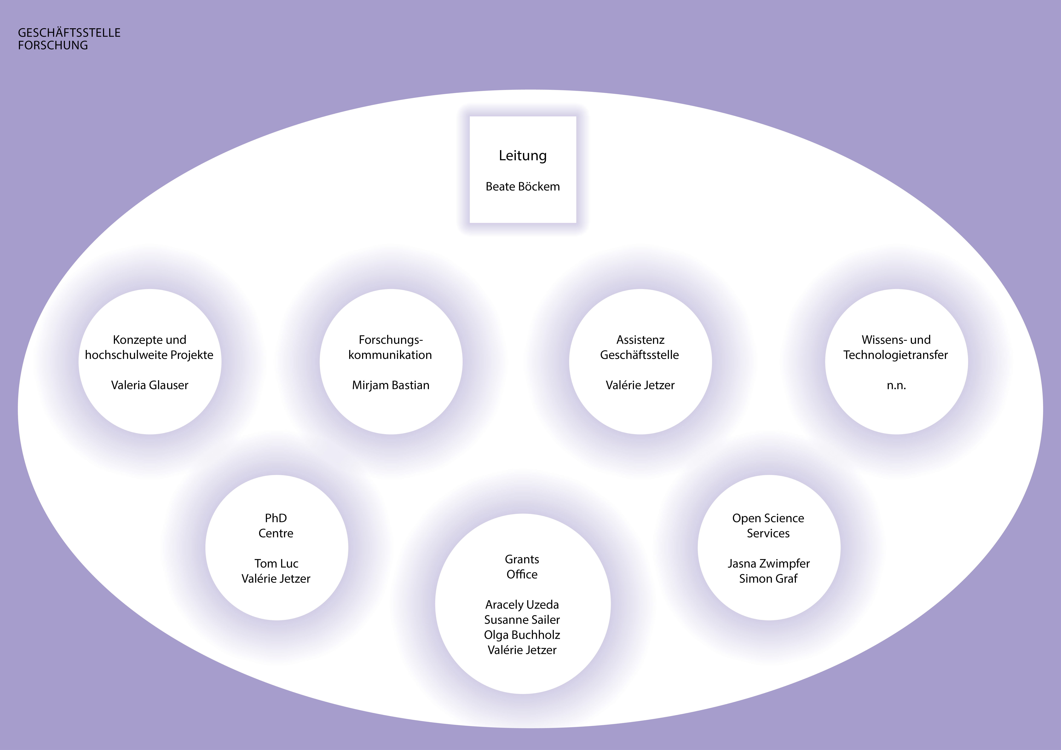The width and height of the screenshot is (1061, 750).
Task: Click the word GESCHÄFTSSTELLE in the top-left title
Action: coord(69,33)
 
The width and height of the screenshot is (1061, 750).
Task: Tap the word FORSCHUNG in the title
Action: coord(53,45)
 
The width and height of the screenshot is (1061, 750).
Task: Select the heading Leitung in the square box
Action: coord(523,156)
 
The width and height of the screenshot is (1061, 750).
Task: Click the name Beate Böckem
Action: coord(523,187)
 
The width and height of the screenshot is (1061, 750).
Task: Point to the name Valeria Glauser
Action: coord(150,385)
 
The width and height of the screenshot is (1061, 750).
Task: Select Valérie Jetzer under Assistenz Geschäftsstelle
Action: coord(640,385)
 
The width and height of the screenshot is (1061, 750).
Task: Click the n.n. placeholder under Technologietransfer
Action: coord(896,385)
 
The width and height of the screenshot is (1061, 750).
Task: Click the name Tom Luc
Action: coord(276,564)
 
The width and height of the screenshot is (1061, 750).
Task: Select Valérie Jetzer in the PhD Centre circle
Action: coord(276,579)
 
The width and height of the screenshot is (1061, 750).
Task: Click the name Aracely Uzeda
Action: coord(522,605)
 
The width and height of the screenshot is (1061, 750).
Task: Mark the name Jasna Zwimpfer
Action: coord(769,564)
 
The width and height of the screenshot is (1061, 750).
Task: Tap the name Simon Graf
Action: coord(769,579)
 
